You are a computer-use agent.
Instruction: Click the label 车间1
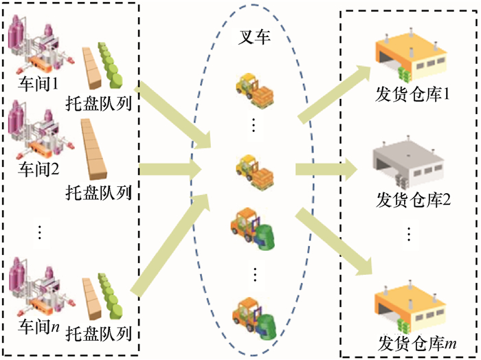(38, 84)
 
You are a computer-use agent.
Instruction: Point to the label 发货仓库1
(412, 93)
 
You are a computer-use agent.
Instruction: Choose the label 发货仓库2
(412, 200)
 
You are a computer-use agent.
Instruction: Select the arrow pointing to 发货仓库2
(326, 169)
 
